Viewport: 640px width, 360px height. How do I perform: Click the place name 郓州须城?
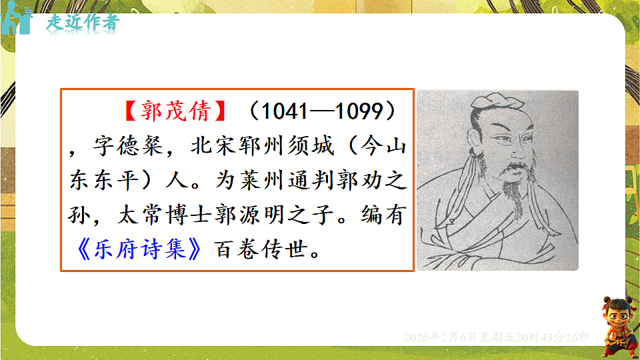click(x=283, y=147)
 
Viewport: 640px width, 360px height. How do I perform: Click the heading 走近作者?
click(x=83, y=21)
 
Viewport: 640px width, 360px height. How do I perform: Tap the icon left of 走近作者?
click(x=17, y=21)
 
